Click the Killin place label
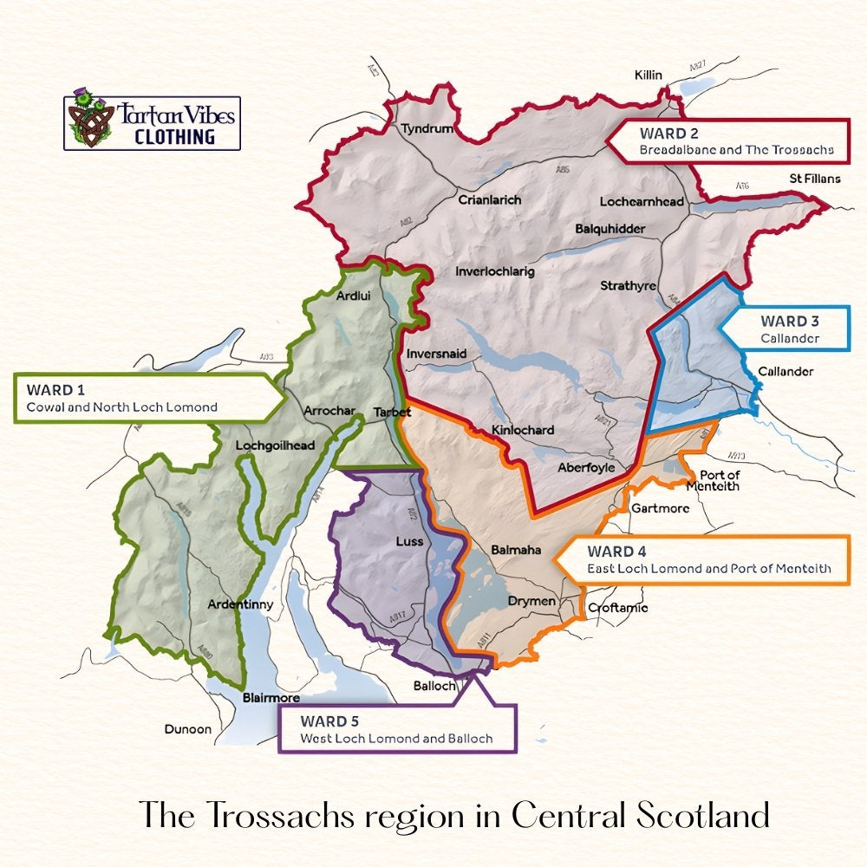click(x=648, y=75)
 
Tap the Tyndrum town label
click(x=427, y=129)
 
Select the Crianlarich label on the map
click(x=490, y=200)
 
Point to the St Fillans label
click(x=814, y=179)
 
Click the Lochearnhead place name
click(x=642, y=202)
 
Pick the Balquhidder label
click(x=610, y=229)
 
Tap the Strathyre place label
click(x=628, y=286)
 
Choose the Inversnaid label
click(x=436, y=354)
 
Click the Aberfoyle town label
click(x=586, y=467)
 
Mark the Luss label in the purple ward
click(x=409, y=542)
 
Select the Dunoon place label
click(x=188, y=729)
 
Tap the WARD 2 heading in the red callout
click(x=668, y=134)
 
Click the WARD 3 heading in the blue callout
click(x=790, y=321)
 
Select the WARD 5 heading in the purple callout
click(x=329, y=721)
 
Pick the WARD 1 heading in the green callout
click(x=55, y=389)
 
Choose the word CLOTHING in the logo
click(x=174, y=136)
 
